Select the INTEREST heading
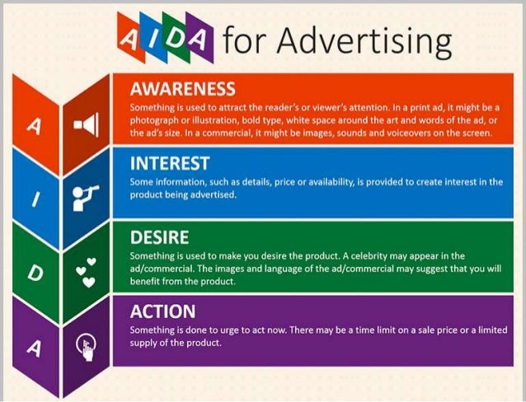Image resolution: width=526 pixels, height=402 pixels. (170, 162)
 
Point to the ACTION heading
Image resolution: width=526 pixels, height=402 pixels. (162, 311)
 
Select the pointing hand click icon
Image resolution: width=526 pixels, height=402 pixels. (86, 345)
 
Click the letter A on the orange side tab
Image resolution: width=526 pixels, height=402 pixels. (34, 125)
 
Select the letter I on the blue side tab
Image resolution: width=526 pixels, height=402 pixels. (34, 199)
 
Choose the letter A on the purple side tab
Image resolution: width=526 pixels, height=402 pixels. (34, 347)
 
